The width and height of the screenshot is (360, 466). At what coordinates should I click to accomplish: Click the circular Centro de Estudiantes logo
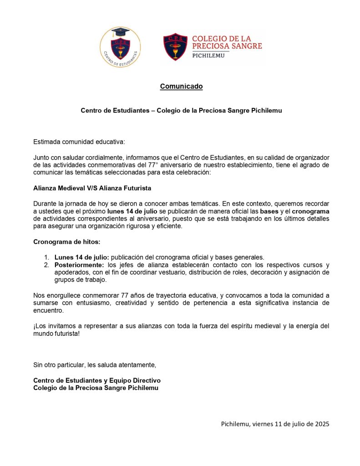pyautogui.click(x=120, y=47)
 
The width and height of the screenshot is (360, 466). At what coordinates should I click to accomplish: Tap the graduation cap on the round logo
pyautogui.click(x=121, y=33)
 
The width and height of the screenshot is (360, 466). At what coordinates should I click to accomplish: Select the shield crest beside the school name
pyautogui.click(x=175, y=46)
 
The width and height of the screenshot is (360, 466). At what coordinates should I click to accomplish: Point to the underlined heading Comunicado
pyautogui.click(x=181, y=86)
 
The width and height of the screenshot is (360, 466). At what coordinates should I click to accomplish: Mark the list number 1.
pyautogui.click(x=46, y=257)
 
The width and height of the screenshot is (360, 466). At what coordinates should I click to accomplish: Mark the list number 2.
pyautogui.click(x=46, y=265)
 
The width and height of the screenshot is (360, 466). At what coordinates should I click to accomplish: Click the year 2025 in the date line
pyautogui.click(x=320, y=424)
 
